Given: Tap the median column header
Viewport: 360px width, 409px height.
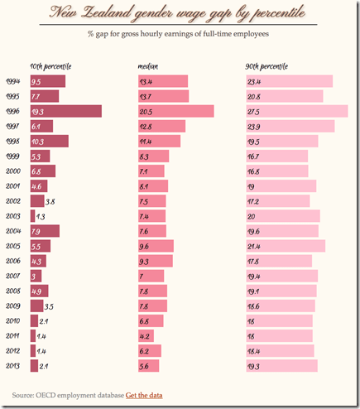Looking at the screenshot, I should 148,65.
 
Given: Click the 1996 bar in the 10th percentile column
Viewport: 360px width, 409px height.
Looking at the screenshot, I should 65,111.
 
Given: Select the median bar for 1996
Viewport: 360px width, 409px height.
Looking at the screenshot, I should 175,111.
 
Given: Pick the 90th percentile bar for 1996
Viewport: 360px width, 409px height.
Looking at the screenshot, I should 296,111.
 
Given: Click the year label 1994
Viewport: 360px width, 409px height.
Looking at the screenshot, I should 14,81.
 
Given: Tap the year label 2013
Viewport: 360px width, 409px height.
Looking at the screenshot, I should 14,365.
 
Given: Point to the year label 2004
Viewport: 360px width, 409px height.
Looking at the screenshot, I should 14,231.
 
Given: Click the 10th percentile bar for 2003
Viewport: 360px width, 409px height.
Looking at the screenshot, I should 32,216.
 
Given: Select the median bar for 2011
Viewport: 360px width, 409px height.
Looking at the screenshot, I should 146,335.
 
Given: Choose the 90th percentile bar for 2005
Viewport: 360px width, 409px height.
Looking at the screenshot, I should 286,246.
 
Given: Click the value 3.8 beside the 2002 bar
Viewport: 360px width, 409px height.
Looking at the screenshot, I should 50,201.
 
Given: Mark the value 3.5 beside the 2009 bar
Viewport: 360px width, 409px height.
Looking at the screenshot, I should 49,306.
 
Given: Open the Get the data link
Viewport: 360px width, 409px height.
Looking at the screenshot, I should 144,395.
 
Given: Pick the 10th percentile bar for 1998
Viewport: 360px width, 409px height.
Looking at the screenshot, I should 49,142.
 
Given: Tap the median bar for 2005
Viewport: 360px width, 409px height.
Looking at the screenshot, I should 156,246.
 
